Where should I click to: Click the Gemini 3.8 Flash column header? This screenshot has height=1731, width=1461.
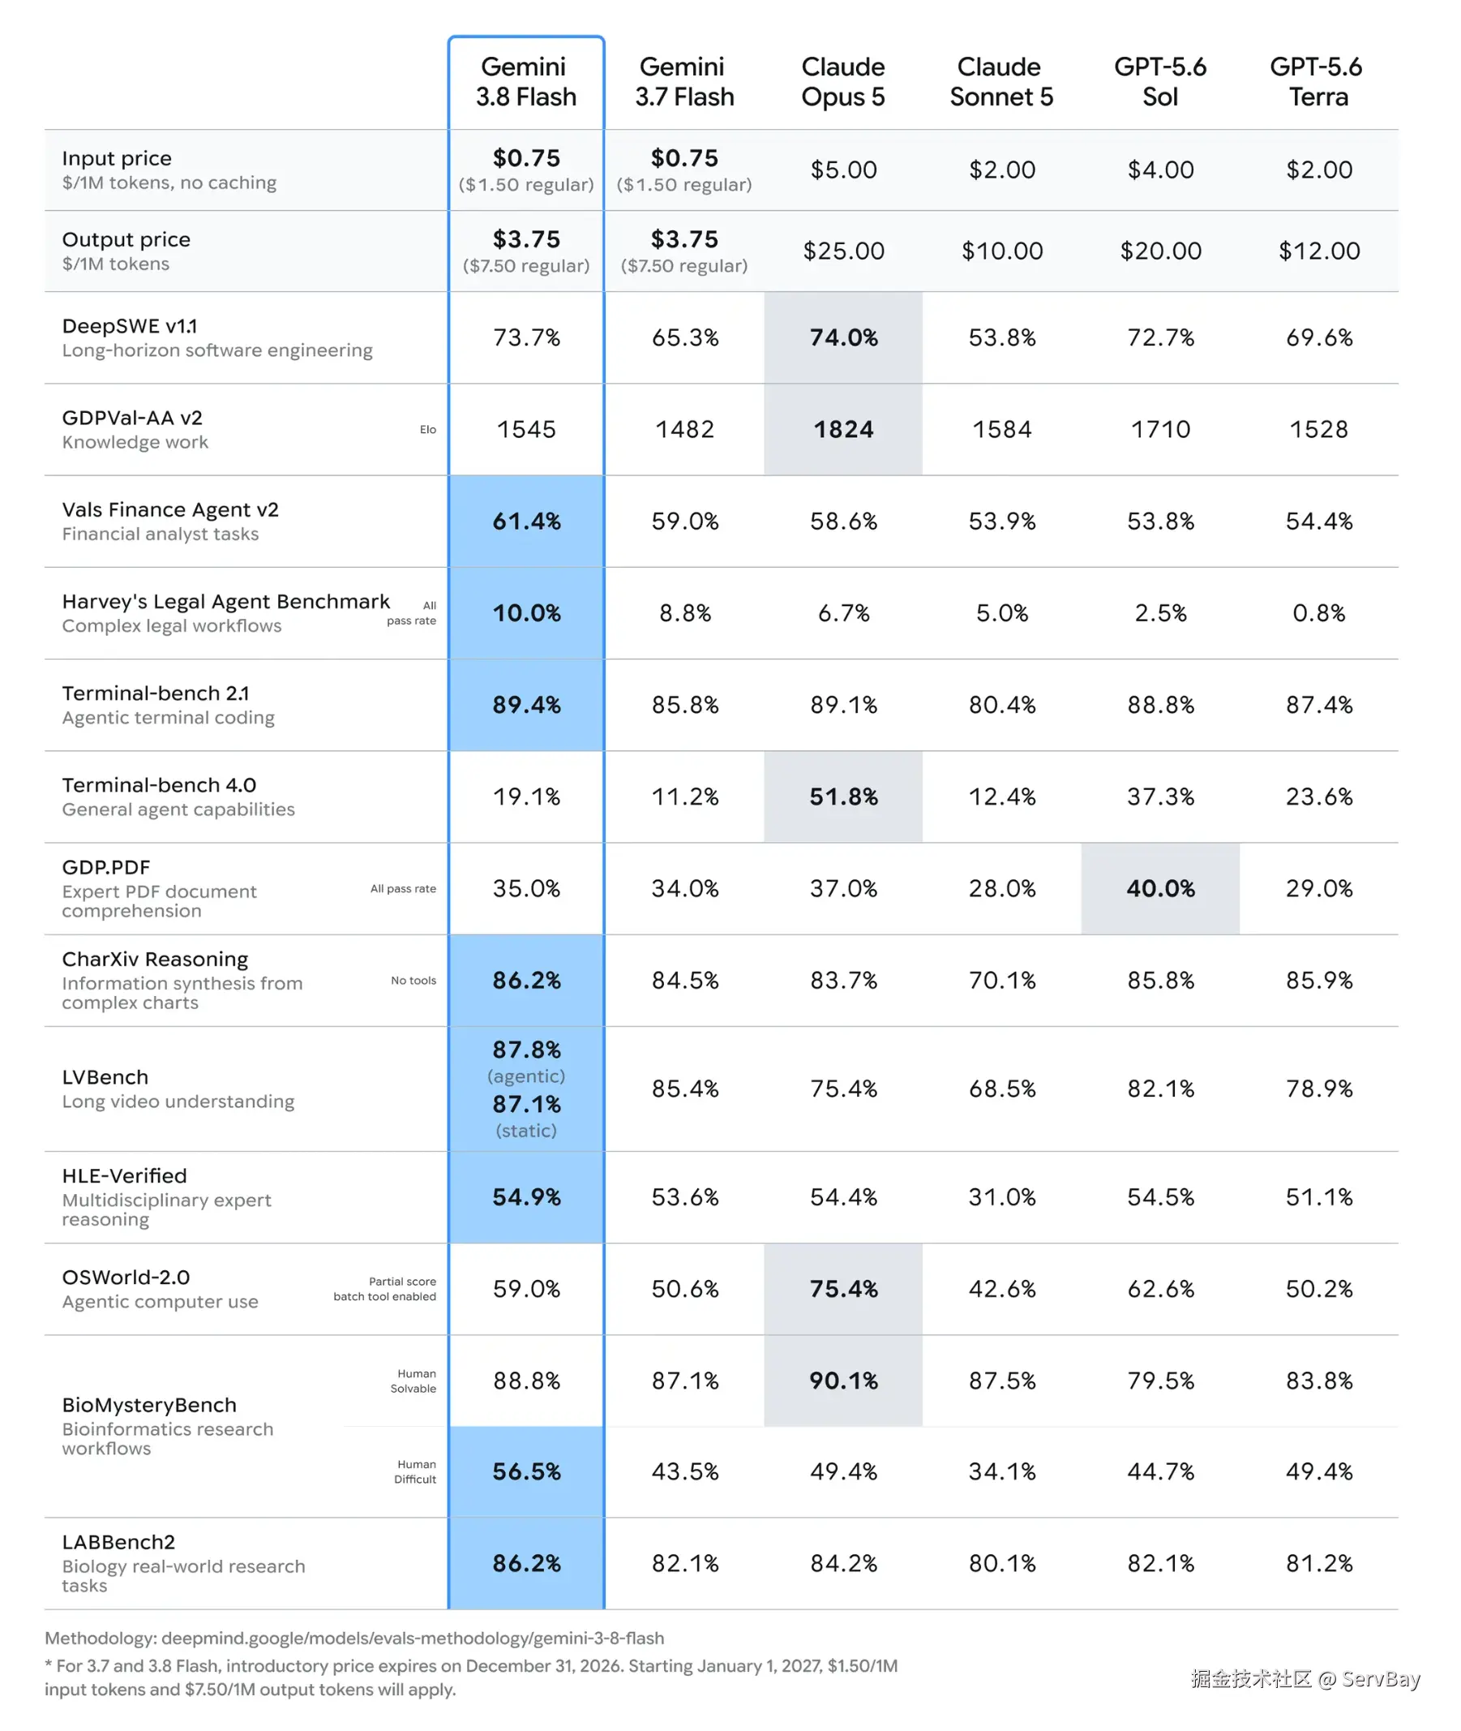pyautogui.click(x=526, y=81)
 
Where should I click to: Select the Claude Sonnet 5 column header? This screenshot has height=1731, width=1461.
pyautogui.click(x=1001, y=81)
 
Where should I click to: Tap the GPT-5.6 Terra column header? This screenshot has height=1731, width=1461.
pyautogui.click(x=1317, y=81)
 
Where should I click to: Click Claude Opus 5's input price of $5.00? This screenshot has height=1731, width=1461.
pyautogui.click(x=843, y=170)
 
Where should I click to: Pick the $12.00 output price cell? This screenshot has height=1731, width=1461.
pyautogui.click(x=1318, y=251)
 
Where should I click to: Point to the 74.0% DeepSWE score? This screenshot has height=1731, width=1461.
pyautogui.click(x=843, y=337)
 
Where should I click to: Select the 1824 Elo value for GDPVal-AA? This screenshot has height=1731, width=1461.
pyautogui.click(x=843, y=429)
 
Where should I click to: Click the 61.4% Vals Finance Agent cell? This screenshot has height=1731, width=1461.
pyautogui.click(x=527, y=522)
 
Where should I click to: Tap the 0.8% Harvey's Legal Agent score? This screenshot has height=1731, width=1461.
pyautogui.click(x=1318, y=613)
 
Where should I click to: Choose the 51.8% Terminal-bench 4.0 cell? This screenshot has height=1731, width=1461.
pyautogui.click(x=843, y=797)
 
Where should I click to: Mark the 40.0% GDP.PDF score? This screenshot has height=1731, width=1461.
pyautogui.click(x=1160, y=888)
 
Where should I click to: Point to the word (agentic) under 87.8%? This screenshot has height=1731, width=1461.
pyautogui.click(x=527, y=1076)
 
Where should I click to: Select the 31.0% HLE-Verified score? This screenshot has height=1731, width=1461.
pyautogui.click(x=1002, y=1196)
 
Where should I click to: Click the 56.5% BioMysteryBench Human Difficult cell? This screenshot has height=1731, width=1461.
pyautogui.click(x=527, y=1471)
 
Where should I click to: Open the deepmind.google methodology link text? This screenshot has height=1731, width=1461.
pyautogui.click(x=413, y=1639)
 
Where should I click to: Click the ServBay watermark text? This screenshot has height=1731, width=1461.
pyautogui.click(x=1305, y=1679)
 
